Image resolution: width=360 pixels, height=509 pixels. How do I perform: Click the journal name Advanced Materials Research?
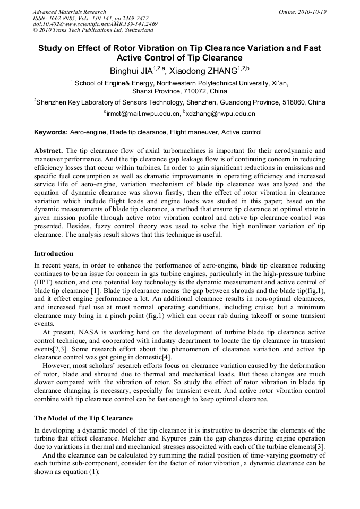tap(69, 12)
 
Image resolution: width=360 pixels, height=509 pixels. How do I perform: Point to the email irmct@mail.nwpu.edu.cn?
tap(143, 113)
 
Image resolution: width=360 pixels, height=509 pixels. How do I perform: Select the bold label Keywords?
tap(51, 132)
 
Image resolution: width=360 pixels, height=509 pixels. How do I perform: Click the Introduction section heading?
tap(54, 254)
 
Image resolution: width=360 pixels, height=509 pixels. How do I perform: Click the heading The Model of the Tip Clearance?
tap(83, 419)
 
